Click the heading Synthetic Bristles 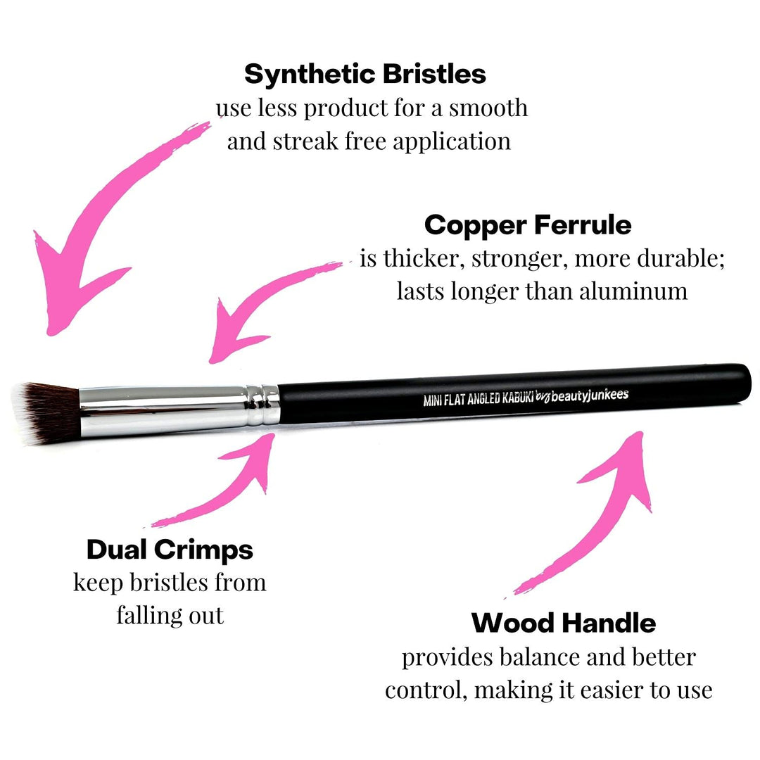point(365,74)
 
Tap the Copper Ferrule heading point(528,225)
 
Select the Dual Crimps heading point(170,550)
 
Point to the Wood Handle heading point(563,623)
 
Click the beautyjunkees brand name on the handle point(589,395)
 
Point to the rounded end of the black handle point(742,384)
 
